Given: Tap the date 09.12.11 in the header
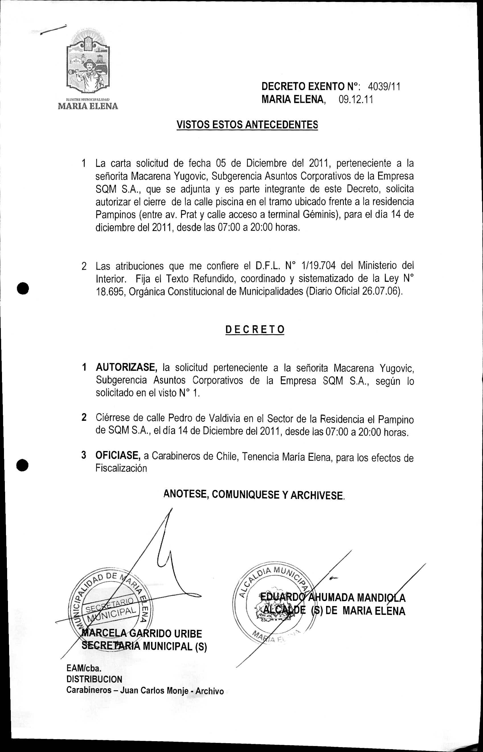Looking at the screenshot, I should pyautogui.click(x=356, y=100).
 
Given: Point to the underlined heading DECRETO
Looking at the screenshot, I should pyautogui.click(x=255, y=330).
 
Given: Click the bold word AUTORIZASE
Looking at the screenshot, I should pyautogui.click(x=126, y=367).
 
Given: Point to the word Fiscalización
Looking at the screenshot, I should pyautogui.click(x=121, y=468).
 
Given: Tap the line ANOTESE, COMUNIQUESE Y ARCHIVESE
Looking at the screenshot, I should pyautogui.click(x=254, y=495).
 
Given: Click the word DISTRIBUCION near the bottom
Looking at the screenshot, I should pyautogui.click(x=94, y=679).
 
